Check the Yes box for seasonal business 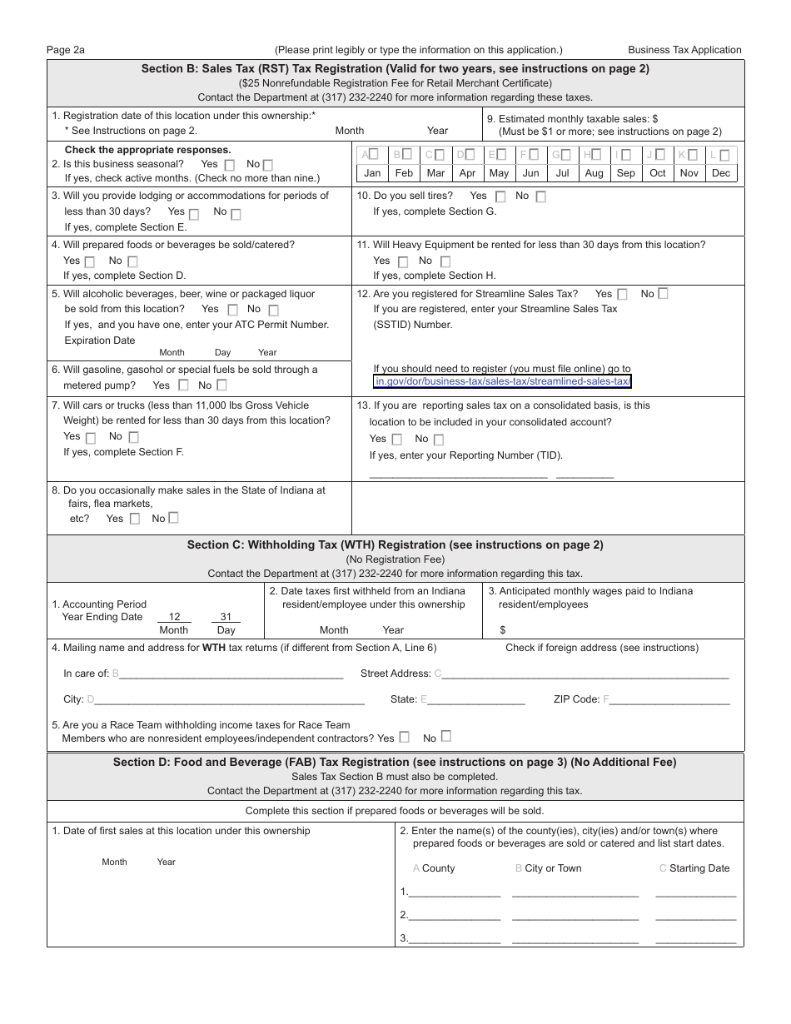pyautogui.click(x=230, y=165)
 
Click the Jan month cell pyautogui.click(x=372, y=173)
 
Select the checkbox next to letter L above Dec pyautogui.click(x=724, y=155)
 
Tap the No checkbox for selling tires pyautogui.click(x=540, y=197)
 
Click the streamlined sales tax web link pyautogui.click(x=503, y=382)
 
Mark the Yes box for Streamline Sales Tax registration pyautogui.click(x=622, y=294)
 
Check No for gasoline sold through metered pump pyautogui.click(x=222, y=385)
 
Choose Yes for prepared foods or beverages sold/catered pyautogui.click(x=90, y=262)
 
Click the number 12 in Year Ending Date pyautogui.click(x=174, y=617)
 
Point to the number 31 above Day pyautogui.click(x=226, y=617)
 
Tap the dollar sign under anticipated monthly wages pyautogui.click(x=503, y=630)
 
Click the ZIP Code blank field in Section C pyautogui.click(x=670, y=700)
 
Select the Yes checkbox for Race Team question pyautogui.click(x=405, y=737)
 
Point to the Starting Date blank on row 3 pyautogui.click(x=696, y=937)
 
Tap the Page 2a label pyautogui.click(x=66, y=50)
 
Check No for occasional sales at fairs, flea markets pyautogui.click(x=173, y=518)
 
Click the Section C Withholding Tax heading pyautogui.click(x=395, y=545)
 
